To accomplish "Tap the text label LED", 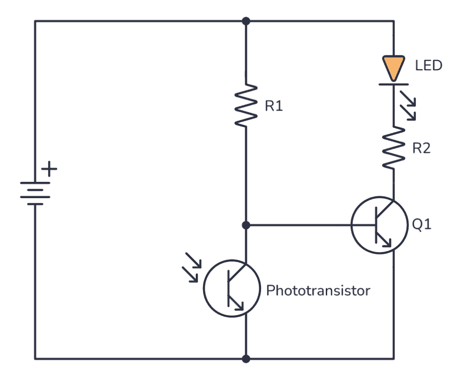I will pyautogui.click(x=428, y=66).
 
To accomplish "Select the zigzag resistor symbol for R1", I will pyautogui.click(x=246, y=105).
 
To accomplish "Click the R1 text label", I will pyautogui.click(x=274, y=107).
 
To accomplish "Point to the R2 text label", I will pyautogui.click(x=421, y=148).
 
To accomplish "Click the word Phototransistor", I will pyautogui.click(x=318, y=290).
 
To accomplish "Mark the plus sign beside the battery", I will pyautogui.click(x=50, y=170).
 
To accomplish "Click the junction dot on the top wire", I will pyautogui.click(x=246, y=21).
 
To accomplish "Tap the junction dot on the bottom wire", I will pyautogui.click(x=246, y=359).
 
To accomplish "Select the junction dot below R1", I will pyautogui.click(x=246, y=225).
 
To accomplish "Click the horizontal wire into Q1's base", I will pyautogui.click(x=299, y=225).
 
